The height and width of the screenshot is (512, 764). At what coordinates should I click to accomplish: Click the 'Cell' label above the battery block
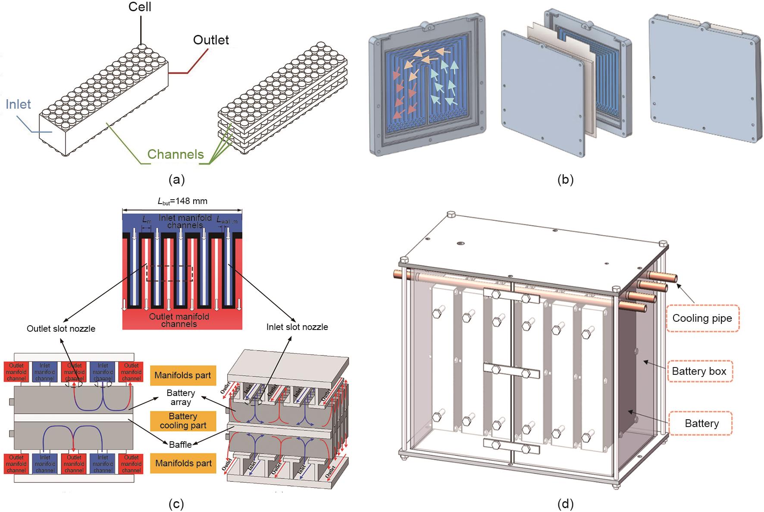[x=140, y=7]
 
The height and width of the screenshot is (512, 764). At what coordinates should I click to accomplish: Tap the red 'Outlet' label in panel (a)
[x=211, y=40]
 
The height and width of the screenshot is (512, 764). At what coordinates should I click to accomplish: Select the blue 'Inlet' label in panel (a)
[x=19, y=104]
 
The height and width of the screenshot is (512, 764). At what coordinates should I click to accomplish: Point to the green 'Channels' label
[x=175, y=154]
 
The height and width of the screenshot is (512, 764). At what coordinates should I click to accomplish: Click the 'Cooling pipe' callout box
[x=702, y=318]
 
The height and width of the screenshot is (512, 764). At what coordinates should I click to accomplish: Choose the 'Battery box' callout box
[x=699, y=371]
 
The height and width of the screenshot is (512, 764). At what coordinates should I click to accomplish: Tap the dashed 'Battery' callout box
[x=701, y=423]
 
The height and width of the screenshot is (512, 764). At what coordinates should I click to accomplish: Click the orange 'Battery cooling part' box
[x=183, y=421]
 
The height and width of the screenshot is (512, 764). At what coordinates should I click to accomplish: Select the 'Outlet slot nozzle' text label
[x=61, y=329]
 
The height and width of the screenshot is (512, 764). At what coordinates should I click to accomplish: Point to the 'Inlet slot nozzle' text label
[x=297, y=327]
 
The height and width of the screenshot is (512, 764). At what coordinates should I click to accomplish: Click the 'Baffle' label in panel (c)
[x=180, y=444]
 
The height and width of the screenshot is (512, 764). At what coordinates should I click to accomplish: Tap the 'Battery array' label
[x=181, y=397]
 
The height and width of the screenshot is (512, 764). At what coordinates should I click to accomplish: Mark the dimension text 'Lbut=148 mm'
[x=182, y=201]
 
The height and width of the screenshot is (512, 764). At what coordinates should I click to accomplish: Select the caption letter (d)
[x=565, y=503]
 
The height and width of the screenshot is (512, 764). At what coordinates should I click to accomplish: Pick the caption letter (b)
[x=565, y=179]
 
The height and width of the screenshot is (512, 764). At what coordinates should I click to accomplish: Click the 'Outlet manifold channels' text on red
[x=179, y=320]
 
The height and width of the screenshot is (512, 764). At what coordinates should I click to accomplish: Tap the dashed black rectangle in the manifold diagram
[x=169, y=273]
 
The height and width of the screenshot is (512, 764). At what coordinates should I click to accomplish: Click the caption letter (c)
[x=175, y=503]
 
